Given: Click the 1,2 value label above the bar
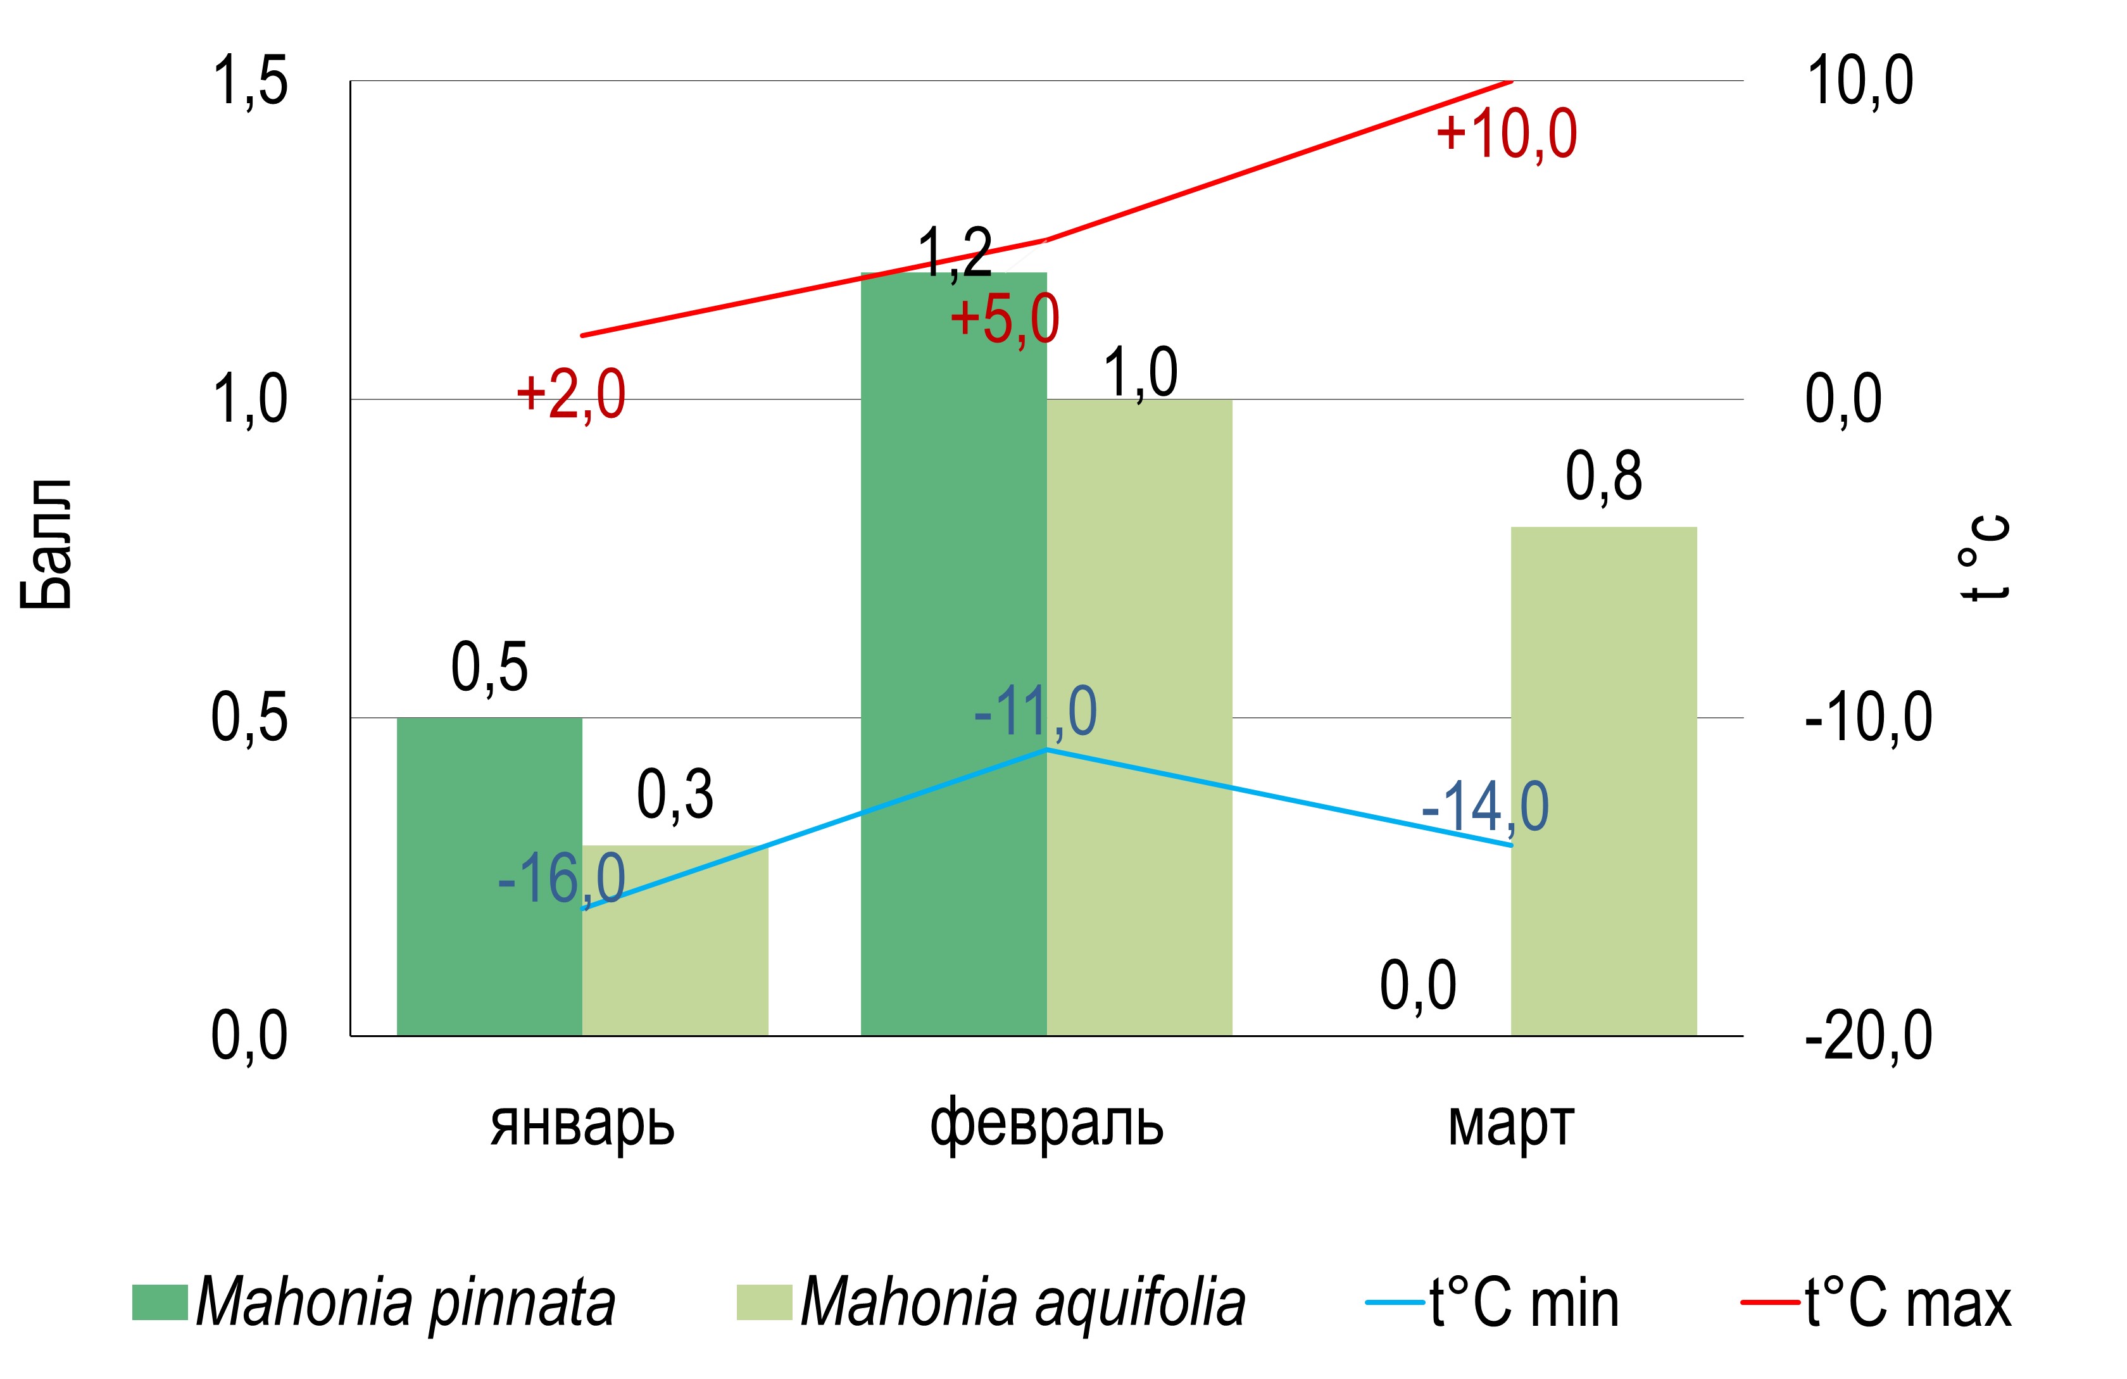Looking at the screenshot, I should pos(955,253).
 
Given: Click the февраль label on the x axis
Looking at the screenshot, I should pos(1046,1124).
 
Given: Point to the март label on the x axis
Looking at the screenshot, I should pos(1510,1124).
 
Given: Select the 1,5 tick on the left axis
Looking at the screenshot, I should pos(249,81).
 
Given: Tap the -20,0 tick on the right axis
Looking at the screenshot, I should pos(1868,1036).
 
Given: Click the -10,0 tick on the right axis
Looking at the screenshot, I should pos(1868,717).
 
